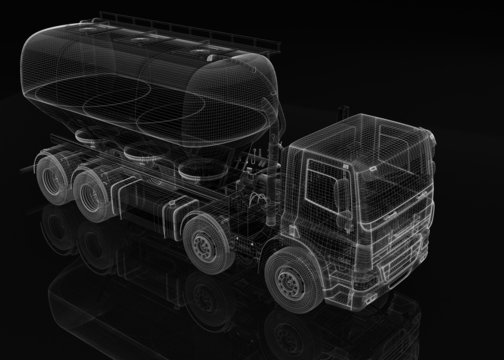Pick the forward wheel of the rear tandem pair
coord(93,191)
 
